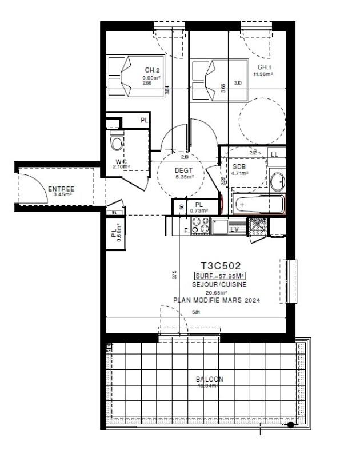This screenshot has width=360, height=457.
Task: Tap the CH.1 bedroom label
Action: point(263,67)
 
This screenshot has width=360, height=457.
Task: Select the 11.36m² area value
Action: point(263,74)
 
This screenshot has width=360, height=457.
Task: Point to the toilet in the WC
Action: point(117,142)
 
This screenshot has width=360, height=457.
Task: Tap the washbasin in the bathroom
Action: point(277,182)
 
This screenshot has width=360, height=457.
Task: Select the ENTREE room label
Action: point(61,189)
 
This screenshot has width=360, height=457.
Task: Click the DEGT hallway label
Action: point(184,170)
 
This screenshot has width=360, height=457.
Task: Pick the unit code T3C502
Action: point(220,265)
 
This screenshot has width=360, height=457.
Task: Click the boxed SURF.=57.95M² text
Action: point(220,275)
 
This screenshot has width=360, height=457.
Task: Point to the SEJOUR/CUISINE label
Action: point(220,284)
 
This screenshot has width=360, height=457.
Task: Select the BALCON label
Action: point(210,379)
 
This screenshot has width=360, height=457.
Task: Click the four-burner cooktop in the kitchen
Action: point(200,226)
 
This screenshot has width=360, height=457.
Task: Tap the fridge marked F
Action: point(185,231)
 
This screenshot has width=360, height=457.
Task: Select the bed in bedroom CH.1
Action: point(205,80)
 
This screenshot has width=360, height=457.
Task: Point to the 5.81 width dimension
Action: point(196,312)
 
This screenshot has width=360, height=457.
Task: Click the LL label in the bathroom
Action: point(275,154)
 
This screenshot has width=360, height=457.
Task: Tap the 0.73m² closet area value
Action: point(199,211)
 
